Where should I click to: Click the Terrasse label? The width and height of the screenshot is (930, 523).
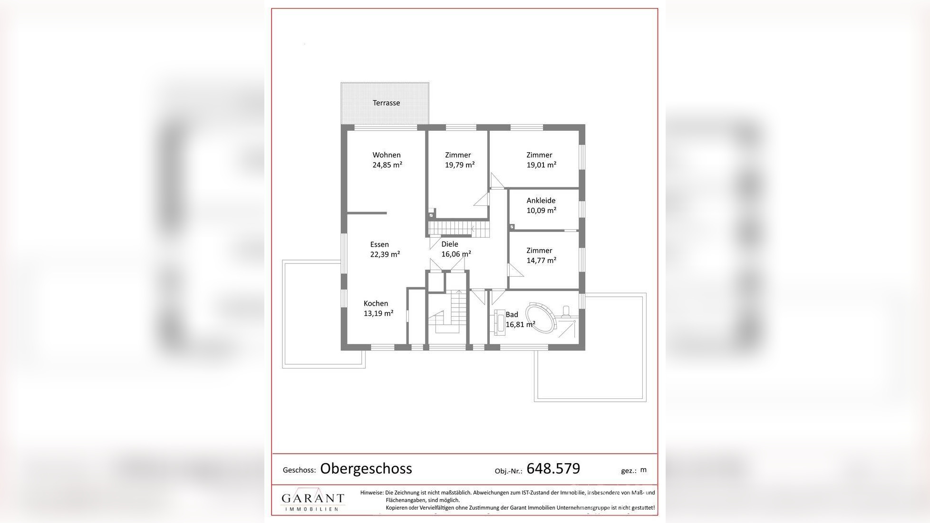386,103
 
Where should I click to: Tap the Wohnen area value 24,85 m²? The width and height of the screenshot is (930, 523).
387,165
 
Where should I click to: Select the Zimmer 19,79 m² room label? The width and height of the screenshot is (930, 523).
458,155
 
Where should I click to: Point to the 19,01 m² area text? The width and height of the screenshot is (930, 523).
541,165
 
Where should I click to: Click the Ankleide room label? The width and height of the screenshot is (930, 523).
541,201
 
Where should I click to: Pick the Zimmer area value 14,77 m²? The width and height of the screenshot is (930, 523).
541,261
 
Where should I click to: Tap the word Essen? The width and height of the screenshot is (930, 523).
379,244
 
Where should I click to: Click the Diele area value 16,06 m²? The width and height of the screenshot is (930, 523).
456,254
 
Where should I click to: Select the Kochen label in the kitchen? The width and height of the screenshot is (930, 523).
376,303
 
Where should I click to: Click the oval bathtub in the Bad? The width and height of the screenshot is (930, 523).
541,318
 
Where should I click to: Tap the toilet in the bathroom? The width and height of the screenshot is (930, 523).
566,311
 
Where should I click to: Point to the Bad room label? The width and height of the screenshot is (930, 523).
512,314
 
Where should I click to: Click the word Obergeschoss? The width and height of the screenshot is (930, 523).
366,468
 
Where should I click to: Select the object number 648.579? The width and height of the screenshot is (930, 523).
553,468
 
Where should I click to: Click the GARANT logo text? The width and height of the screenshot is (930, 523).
312,498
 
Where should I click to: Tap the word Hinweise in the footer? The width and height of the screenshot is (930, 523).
371,493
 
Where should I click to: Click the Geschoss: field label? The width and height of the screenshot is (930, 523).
299,470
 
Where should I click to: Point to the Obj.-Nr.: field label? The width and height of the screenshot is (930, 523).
508,471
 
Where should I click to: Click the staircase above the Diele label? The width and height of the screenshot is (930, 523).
458,228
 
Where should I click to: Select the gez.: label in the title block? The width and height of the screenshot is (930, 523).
629,471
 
